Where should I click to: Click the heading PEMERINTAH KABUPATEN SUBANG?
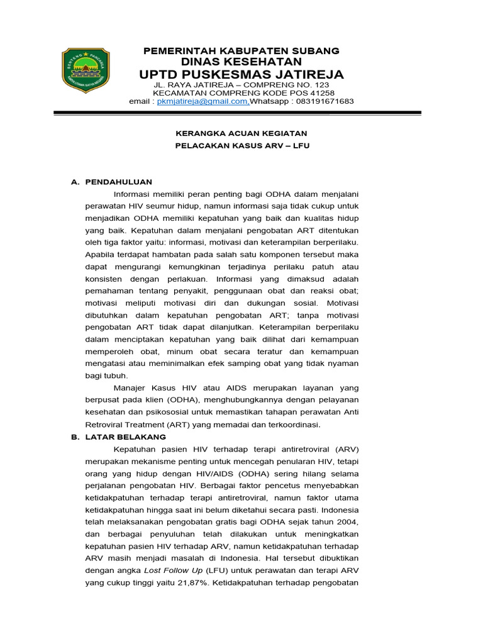click(241, 50)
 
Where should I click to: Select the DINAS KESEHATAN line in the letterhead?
click(241, 62)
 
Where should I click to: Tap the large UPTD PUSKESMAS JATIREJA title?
click(241, 75)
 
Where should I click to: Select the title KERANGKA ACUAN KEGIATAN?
click(241, 133)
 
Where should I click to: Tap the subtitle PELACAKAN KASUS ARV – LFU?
click(241, 145)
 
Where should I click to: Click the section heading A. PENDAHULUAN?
click(111, 182)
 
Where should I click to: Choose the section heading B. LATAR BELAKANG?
click(118, 436)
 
